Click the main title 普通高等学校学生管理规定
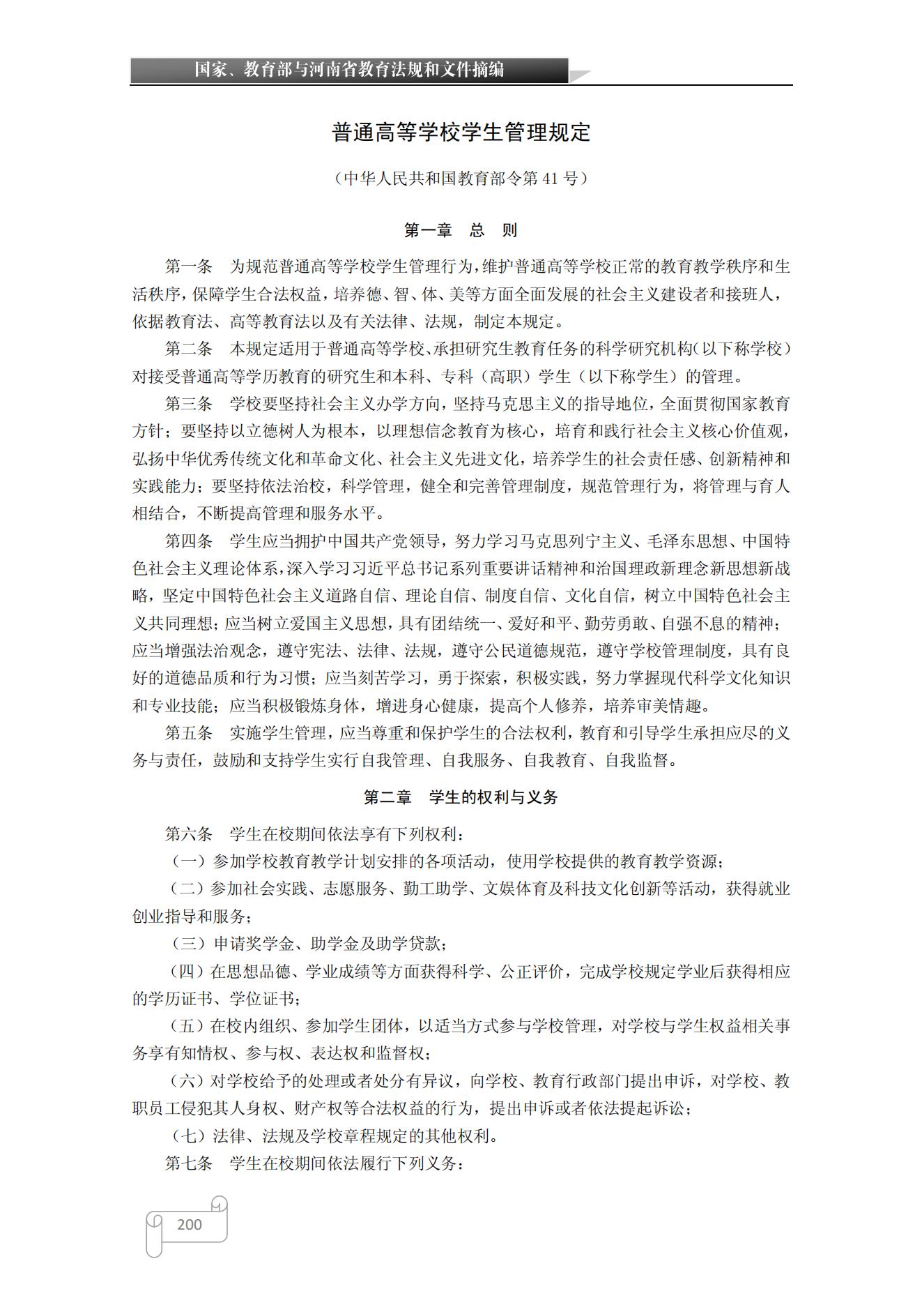click(461, 133)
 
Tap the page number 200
click(190, 1223)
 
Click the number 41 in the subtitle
click(550, 179)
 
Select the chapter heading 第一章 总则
click(461, 230)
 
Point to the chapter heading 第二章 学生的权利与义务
click(461, 797)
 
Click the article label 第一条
click(188, 266)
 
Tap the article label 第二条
click(188, 349)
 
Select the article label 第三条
click(188, 404)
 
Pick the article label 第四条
click(188, 541)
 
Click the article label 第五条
click(188, 733)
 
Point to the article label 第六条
click(188, 834)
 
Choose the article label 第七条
click(188, 1163)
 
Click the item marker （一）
click(188, 861)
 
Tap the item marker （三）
click(188, 944)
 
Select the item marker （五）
click(188, 1026)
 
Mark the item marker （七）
click(188, 1136)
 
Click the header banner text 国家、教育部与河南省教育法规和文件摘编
click(348, 70)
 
